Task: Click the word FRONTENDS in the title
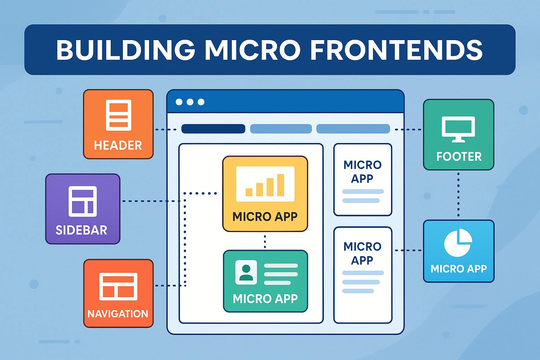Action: pyautogui.click(x=396, y=50)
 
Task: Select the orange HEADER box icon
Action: pyautogui.click(x=118, y=115)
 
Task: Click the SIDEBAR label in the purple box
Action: pyautogui.click(x=81, y=230)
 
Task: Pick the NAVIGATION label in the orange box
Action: pyautogui.click(x=118, y=314)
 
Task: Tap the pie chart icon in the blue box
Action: pyautogui.click(x=458, y=243)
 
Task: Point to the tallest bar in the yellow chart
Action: pyautogui.click(x=281, y=185)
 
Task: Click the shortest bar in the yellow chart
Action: pyautogui.click(x=249, y=192)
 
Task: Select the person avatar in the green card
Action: pyautogui.click(x=246, y=272)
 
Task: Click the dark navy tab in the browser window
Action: pyautogui.click(x=213, y=129)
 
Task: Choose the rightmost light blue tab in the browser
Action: pyautogui.click(x=353, y=129)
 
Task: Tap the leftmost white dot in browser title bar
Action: pyautogui.click(x=179, y=102)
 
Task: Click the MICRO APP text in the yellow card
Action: pyautogui.click(x=265, y=217)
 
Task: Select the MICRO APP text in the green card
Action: pyautogui.click(x=265, y=299)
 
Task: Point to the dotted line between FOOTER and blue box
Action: pyautogui.click(x=458, y=195)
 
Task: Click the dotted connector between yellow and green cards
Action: pyautogui.click(x=265, y=242)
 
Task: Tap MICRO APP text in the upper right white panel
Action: pyautogui.click(x=362, y=172)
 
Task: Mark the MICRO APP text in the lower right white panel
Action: pyautogui.click(x=362, y=253)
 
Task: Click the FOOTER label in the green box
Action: pyautogui.click(x=459, y=156)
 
